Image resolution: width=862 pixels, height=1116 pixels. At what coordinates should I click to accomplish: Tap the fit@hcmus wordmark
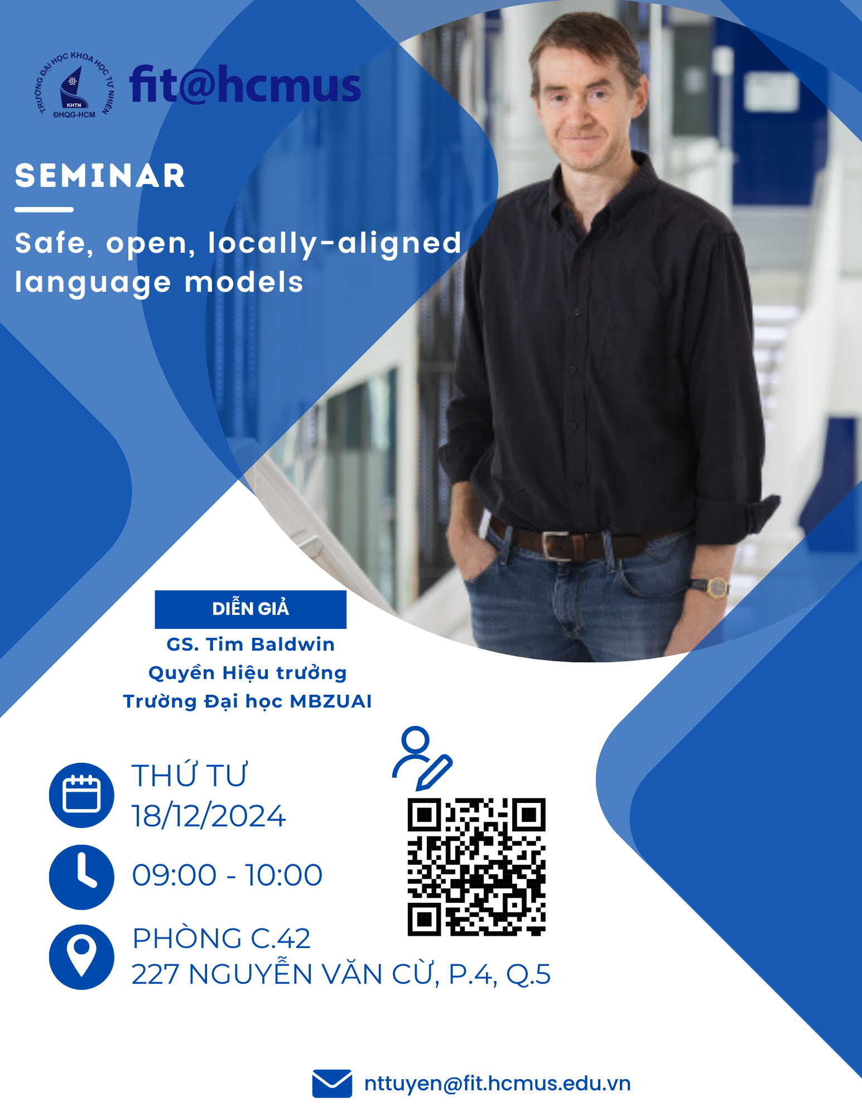coord(245,84)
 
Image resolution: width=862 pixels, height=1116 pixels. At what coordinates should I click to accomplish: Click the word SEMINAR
coord(100,176)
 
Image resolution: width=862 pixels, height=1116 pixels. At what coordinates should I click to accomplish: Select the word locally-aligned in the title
coord(335,244)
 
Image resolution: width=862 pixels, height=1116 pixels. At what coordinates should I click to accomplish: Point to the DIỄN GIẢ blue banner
coord(251,609)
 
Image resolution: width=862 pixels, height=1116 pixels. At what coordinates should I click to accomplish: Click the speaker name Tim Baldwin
coord(271,644)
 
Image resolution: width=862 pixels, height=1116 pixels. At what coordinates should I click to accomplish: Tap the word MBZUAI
coord(331,701)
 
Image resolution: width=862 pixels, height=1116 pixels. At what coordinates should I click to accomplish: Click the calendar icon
coord(81,795)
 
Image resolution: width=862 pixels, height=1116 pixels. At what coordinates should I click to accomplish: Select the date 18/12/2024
coord(209,816)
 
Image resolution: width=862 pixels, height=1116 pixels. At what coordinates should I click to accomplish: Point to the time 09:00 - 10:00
coord(227,875)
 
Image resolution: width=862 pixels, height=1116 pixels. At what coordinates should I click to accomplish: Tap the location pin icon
coord(81,957)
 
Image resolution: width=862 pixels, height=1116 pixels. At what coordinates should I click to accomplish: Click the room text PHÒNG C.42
coord(221,939)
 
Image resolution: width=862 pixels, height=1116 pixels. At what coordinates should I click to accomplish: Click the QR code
coord(476,867)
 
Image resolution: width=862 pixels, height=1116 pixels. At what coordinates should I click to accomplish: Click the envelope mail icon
coord(332,1084)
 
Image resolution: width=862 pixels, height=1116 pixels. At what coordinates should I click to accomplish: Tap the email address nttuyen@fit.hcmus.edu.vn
coord(497,1084)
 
